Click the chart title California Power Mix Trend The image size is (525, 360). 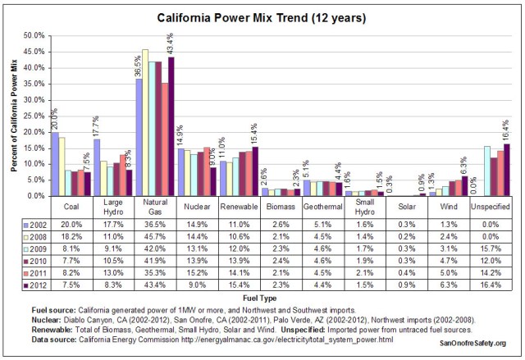coord(262,17)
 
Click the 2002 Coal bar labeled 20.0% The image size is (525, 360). coord(54,164)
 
